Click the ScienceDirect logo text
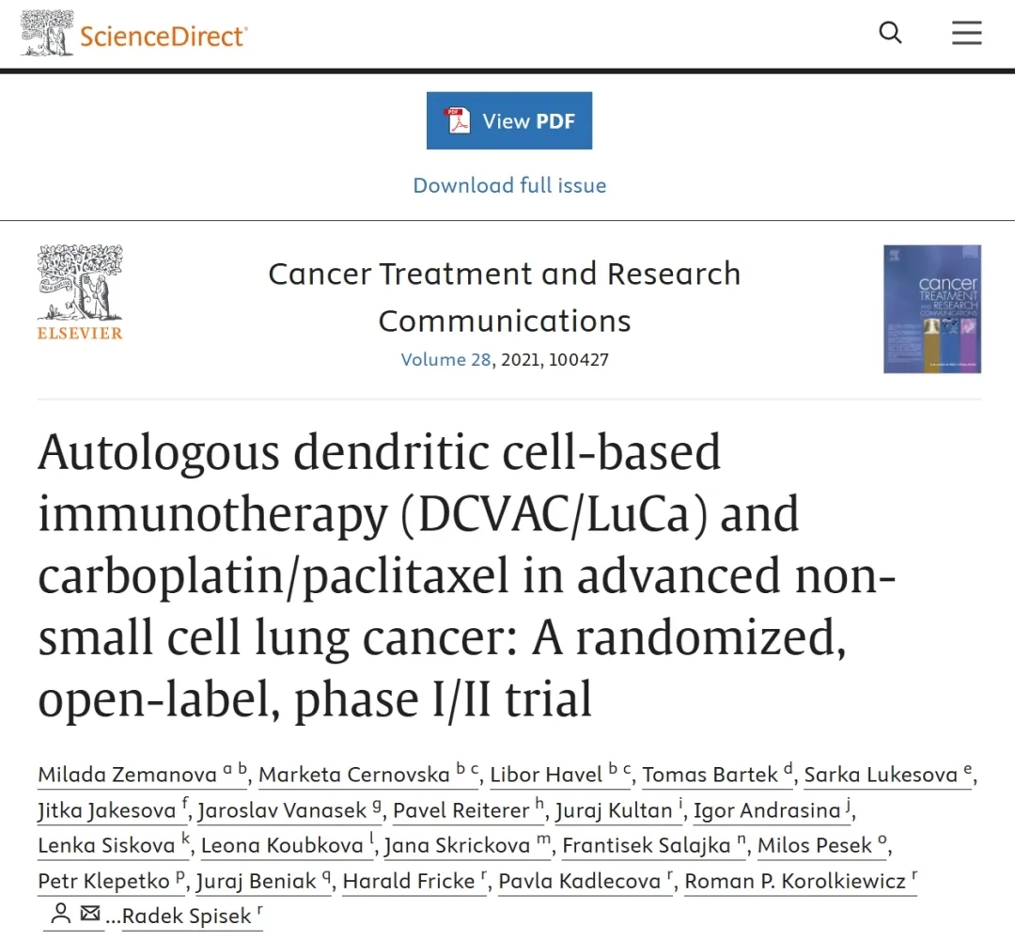tap(164, 36)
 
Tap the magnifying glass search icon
tap(890, 33)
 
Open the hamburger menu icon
tap(966, 33)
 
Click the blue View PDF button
tap(509, 120)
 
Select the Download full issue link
tap(509, 185)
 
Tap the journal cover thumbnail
tap(931, 309)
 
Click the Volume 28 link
tap(445, 360)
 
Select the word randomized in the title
tap(707, 638)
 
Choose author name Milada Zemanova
tap(128, 775)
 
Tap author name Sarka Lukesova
tap(881, 775)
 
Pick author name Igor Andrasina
tap(767, 810)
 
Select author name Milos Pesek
tap(814, 846)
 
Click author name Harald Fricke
tap(409, 882)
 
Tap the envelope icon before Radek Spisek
tap(90, 914)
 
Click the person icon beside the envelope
tap(61, 914)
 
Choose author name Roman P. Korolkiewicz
tap(795, 882)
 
